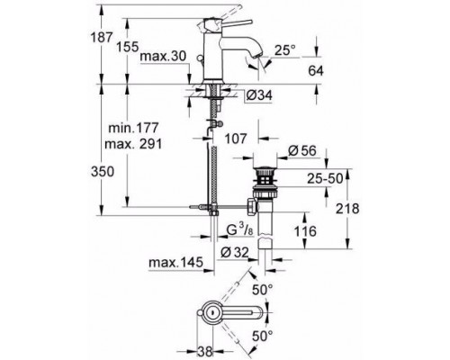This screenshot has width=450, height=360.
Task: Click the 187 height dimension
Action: [102, 38]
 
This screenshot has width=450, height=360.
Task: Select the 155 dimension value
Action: [128, 47]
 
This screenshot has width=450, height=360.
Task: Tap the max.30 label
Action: [163, 56]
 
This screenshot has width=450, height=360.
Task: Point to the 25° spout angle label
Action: [285, 50]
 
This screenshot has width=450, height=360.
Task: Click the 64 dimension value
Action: [316, 71]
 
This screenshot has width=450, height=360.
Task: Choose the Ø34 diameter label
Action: [259, 95]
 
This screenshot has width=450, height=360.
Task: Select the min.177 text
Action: [133, 128]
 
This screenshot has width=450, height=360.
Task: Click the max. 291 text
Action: [133, 144]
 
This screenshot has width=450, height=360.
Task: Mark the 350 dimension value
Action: [103, 172]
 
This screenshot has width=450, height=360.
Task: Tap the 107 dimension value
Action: [236, 139]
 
